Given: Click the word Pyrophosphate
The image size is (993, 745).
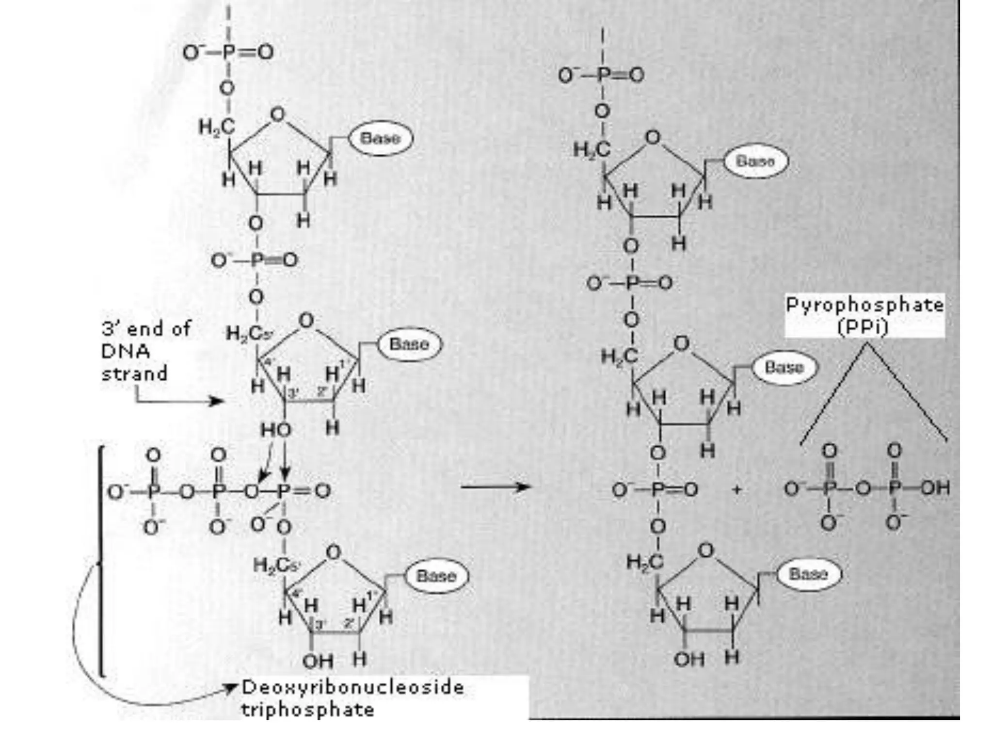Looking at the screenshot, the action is click(865, 305).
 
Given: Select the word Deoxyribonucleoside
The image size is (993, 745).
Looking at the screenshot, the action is click(352, 687).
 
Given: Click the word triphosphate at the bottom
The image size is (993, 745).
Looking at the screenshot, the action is click(308, 710).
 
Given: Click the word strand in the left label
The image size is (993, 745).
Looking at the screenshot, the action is click(134, 373).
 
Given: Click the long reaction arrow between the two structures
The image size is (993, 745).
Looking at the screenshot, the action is click(495, 486).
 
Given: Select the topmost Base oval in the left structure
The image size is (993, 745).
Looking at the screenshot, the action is click(381, 138).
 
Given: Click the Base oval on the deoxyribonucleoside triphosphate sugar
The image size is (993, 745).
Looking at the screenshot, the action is click(436, 576).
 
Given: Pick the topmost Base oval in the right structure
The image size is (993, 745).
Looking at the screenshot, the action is click(755, 161).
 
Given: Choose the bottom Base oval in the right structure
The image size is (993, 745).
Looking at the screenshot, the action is click(808, 574).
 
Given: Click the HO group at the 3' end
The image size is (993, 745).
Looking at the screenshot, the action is click(276, 430).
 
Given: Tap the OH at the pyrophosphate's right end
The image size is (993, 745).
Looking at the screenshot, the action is click(935, 488).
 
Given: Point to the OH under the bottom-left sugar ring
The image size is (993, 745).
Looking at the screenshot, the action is click(318, 661).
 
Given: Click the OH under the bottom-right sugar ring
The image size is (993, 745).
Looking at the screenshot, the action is click(689, 659).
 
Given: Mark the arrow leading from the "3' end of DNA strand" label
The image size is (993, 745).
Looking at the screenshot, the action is click(179, 401).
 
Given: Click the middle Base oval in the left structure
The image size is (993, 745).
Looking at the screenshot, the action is click(409, 344).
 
